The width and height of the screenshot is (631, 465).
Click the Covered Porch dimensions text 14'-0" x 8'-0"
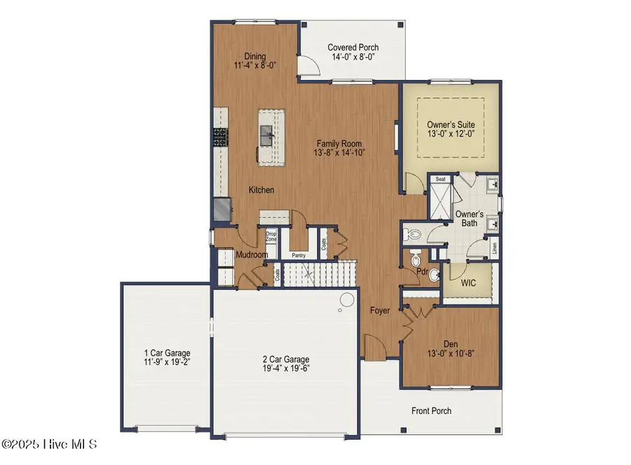353,58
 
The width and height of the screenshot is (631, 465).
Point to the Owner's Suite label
451,125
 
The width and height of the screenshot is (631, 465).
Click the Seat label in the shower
441,179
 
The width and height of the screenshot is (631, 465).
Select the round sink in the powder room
434,274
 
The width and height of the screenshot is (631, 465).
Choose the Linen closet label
494,246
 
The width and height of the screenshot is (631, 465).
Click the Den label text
450,344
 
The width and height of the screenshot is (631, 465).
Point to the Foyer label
380,309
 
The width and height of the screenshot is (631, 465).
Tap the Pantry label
299,257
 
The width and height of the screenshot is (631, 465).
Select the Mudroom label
250,255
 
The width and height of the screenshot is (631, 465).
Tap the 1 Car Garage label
166,353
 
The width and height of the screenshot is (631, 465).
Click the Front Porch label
430,411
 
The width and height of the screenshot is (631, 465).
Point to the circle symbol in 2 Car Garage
346,301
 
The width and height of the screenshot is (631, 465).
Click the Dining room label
255,57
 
